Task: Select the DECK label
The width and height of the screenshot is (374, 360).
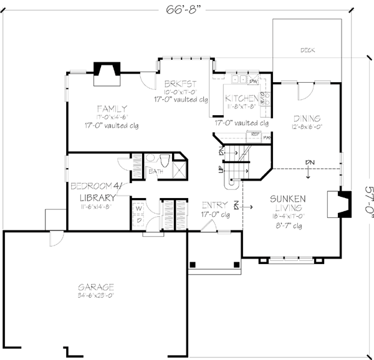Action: [x=307, y=50]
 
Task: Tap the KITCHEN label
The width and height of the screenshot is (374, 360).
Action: [x=242, y=98]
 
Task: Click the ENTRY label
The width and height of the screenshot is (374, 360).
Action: [x=214, y=205]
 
